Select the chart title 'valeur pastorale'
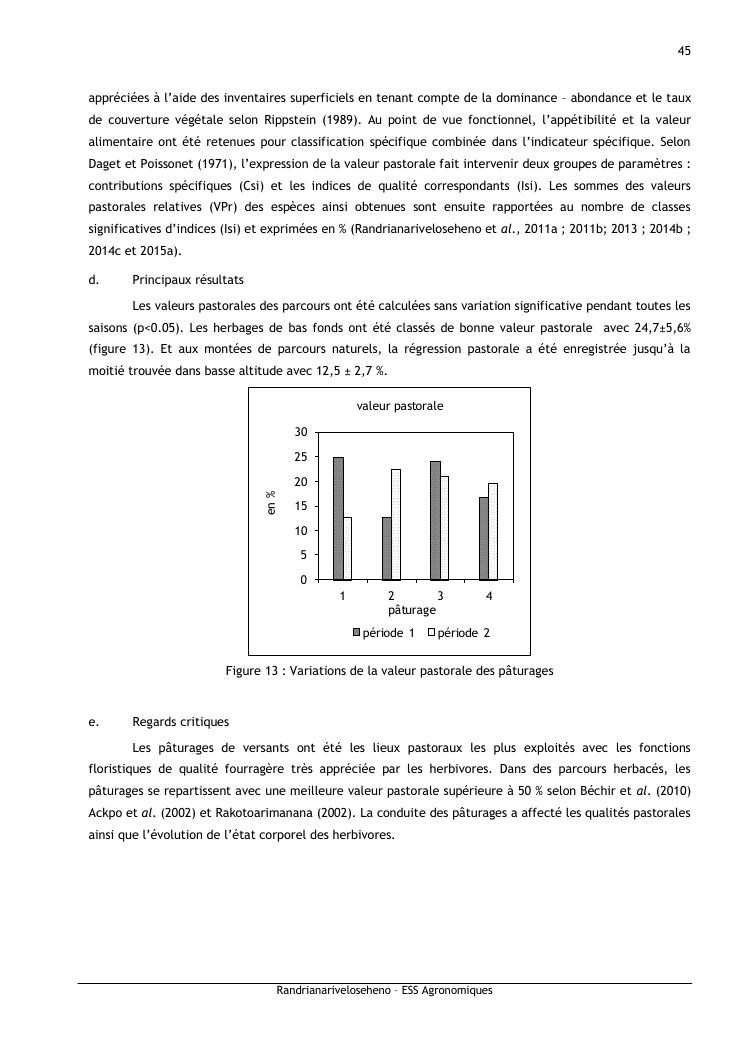400,406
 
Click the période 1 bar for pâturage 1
339,518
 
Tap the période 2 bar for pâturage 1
347,548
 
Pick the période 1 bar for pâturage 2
387,548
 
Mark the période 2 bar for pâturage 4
493,531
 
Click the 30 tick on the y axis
300,432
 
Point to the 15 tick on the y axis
300,506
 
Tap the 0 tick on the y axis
303,580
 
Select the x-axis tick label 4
489,596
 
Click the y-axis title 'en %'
271,502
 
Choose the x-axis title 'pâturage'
411,609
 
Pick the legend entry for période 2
458,633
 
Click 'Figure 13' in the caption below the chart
254,671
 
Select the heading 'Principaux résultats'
188,280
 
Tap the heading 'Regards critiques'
180,721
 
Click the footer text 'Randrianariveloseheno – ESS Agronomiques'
384,991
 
